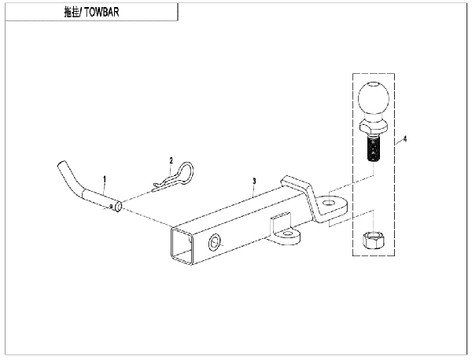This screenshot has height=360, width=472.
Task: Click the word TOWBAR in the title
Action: pyautogui.click(x=101, y=13)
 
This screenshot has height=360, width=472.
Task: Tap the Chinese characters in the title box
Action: pyautogui.click(x=72, y=13)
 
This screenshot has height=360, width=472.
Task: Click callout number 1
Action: pyautogui.click(x=105, y=179)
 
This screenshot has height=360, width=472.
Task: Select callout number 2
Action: pyautogui.click(x=171, y=160)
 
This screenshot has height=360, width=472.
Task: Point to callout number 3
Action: pyautogui.click(x=254, y=181)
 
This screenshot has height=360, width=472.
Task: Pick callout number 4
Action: pyautogui.click(x=405, y=139)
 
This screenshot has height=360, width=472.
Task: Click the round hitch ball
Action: pyautogui.click(x=373, y=98)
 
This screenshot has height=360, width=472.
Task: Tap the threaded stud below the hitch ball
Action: pyautogui.click(x=373, y=149)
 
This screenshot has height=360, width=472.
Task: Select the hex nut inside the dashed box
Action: pyautogui.click(x=373, y=240)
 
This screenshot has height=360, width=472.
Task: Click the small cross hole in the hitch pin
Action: pyautogui.click(x=111, y=206)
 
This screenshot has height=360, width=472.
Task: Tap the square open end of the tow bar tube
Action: pyautogui.click(x=182, y=246)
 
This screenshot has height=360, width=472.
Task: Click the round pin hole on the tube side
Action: pyautogui.click(x=214, y=243)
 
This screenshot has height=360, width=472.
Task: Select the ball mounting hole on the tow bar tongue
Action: pyautogui.click(x=330, y=203)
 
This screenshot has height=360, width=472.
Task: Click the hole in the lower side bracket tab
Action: pyautogui.click(x=289, y=233)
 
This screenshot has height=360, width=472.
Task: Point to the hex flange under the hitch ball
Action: pyautogui.click(x=373, y=127)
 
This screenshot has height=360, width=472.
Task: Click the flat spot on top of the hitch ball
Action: pyautogui.click(x=374, y=84)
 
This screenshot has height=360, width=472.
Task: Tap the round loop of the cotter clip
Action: pyautogui.click(x=184, y=171)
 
